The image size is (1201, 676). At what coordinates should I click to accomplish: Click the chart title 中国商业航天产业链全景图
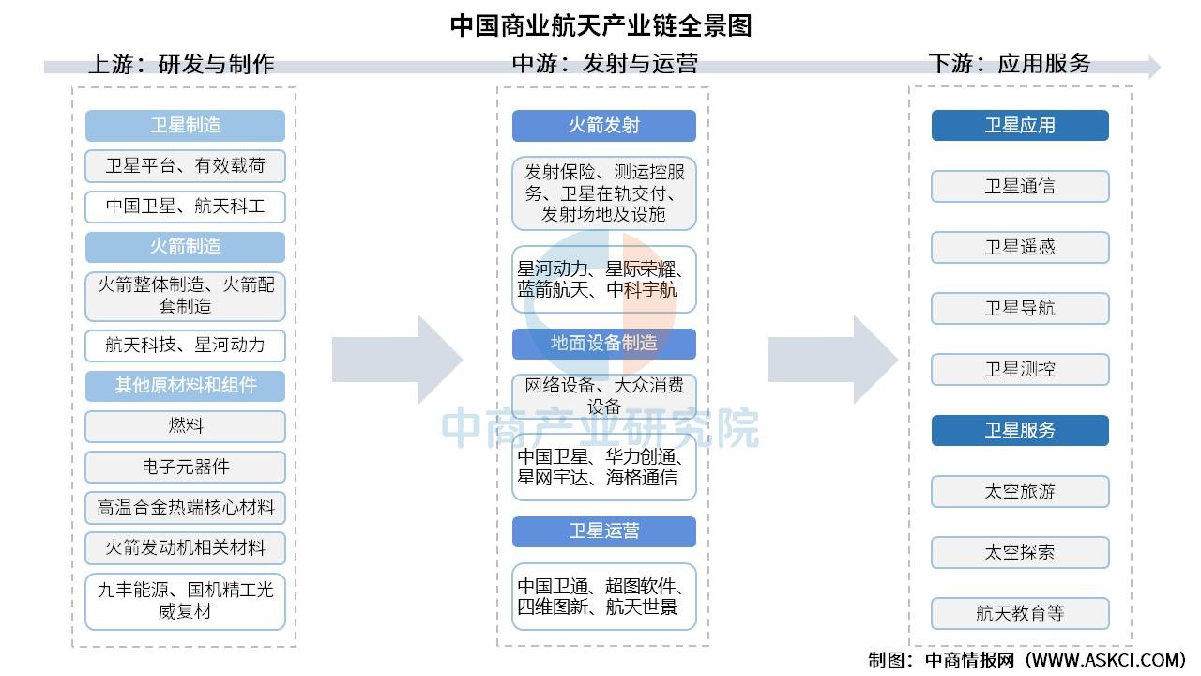pyautogui.click(x=600, y=24)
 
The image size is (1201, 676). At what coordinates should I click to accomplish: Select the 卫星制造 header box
pyautogui.click(x=185, y=126)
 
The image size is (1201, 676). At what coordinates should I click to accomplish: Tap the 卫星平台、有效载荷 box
pyautogui.click(x=185, y=166)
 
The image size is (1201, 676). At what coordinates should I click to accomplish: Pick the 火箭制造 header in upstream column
pyautogui.click(x=185, y=247)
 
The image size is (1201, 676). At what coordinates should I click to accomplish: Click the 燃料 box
pyautogui.click(x=185, y=426)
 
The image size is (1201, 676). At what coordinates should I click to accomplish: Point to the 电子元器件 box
pyautogui.click(x=185, y=467)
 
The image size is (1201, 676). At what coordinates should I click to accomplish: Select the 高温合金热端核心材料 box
pyautogui.click(x=185, y=508)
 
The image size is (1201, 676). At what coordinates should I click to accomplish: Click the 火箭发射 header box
pyautogui.click(x=603, y=126)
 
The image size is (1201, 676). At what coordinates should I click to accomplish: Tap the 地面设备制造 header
pyautogui.click(x=603, y=344)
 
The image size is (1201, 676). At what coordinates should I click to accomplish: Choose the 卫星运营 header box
pyautogui.click(x=603, y=531)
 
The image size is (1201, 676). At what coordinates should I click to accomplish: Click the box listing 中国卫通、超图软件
pyautogui.click(x=603, y=596)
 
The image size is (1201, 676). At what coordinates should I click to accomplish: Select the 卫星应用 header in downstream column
pyautogui.click(x=1020, y=126)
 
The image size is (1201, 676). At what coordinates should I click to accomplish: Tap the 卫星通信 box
pyautogui.click(x=1020, y=187)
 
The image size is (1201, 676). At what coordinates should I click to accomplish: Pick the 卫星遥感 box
pyautogui.click(x=1020, y=248)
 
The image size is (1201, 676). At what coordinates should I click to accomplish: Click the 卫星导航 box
pyautogui.click(x=1020, y=309)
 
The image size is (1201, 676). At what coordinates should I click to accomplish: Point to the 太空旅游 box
pyautogui.click(x=1020, y=492)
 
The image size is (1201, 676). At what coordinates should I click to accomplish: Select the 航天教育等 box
pyautogui.click(x=1020, y=614)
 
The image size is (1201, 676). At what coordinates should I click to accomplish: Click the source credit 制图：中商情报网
pyautogui.click(x=1026, y=660)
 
